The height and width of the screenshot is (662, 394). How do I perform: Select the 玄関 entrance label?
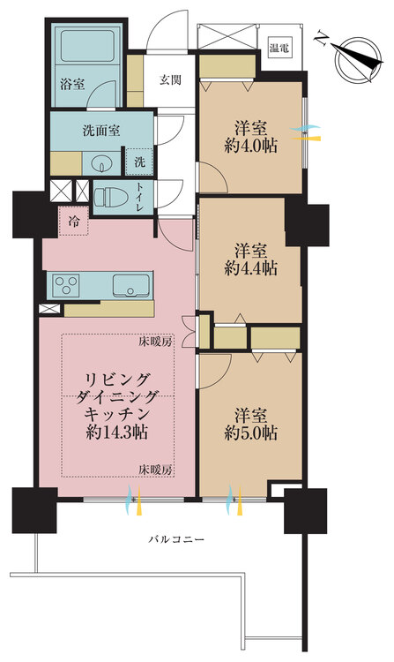170,80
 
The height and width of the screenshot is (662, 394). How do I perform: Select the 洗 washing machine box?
139,162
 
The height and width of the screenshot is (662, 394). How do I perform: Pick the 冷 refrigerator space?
73,222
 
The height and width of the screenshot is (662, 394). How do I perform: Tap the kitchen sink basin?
131,285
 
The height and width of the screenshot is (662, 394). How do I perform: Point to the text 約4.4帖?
250,266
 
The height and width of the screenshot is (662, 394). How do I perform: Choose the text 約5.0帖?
250,433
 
